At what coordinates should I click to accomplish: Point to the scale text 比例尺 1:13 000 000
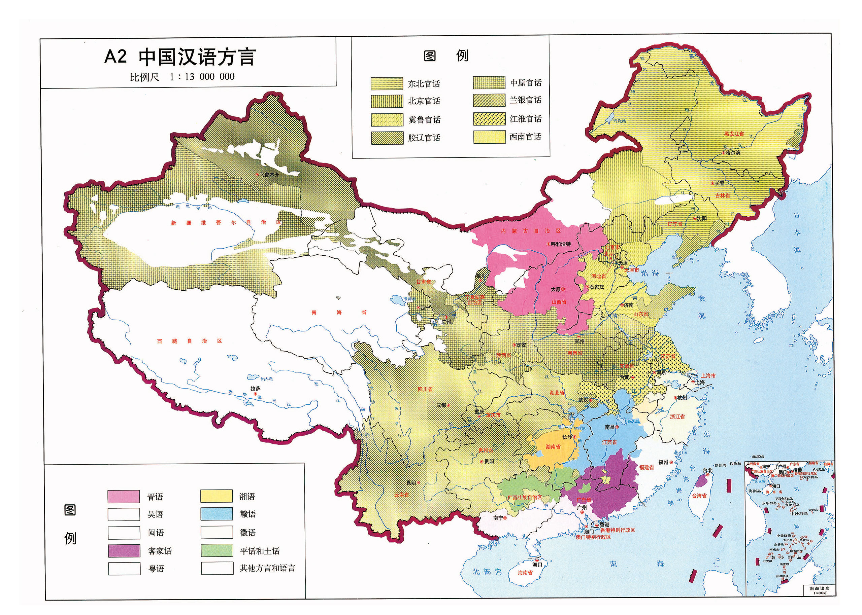click(x=182, y=77)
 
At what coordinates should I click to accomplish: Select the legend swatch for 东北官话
click(x=387, y=84)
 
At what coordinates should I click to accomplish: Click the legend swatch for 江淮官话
click(x=489, y=119)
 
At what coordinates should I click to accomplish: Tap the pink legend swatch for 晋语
click(x=124, y=497)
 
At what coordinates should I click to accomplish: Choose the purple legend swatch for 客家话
click(x=124, y=551)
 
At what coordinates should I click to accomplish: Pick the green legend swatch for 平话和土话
click(x=217, y=551)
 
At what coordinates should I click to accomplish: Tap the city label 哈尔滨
click(x=733, y=153)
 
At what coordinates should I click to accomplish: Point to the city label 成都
click(x=441, y=405)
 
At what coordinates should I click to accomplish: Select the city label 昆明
click(x=411, y=483)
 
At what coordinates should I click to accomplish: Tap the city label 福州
click(x=663, y=462)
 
